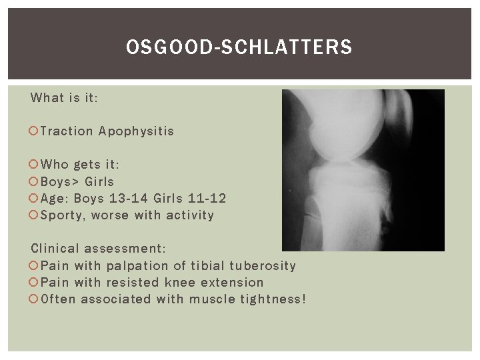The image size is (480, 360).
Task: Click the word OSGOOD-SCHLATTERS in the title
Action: (239, 47)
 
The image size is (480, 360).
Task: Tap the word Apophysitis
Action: (136, 131)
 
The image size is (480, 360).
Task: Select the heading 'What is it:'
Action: (65, 98)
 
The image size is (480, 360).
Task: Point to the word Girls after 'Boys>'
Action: (99, 181)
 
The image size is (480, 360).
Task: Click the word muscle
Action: (211, 299)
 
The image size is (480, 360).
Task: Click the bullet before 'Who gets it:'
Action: (34, 165)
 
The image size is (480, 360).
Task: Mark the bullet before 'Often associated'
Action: (34, 299)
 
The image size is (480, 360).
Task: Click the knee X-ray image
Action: (363, 170)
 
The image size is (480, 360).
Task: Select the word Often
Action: (58, 299)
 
